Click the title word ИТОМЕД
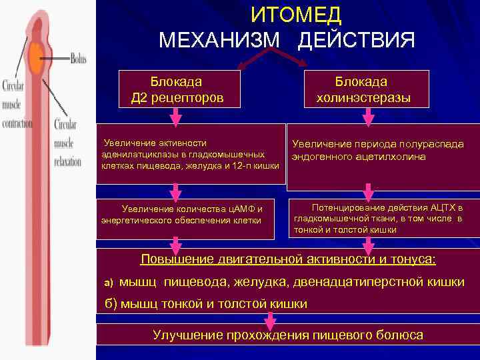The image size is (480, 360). [x=296, y=14]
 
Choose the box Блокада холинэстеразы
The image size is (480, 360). [x=363, y=90]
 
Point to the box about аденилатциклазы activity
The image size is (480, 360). [x=191, y=154]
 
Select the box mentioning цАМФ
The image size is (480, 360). [x=186, y=215]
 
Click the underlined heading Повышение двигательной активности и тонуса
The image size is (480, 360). [x=288, y=259]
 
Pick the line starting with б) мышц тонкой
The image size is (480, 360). [x=207, y=303]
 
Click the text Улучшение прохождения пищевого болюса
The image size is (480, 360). [x=288, y=335]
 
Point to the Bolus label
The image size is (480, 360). [x=79, y=59]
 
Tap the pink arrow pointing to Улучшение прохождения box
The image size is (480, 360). [x=269, y=322]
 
